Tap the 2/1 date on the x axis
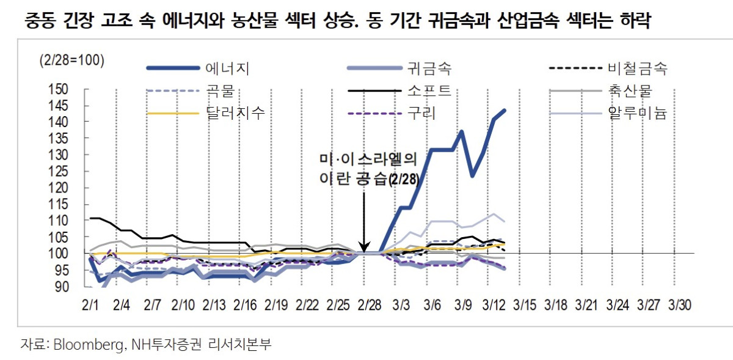pos(90,304)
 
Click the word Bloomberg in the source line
pos(89,345)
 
